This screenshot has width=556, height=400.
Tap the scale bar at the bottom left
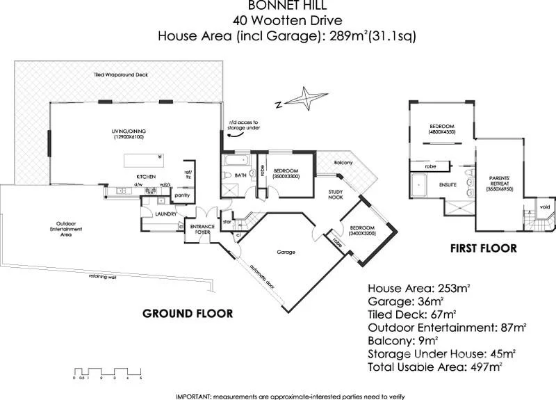[107, 371]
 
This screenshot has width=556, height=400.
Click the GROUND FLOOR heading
[187, 313]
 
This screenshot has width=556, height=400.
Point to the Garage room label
[286, 252]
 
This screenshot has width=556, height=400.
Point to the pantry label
[183, 195]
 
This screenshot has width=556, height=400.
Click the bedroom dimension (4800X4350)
[443, 131]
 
